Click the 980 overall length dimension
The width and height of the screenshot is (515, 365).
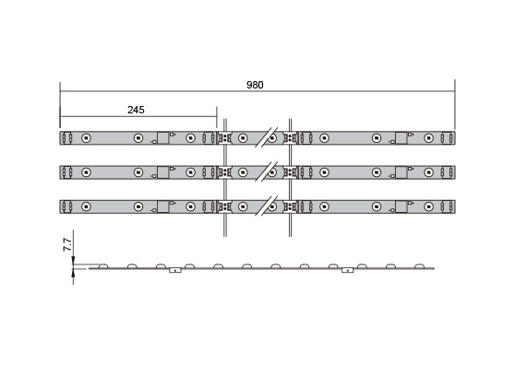255,85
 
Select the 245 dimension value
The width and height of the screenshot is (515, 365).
136,110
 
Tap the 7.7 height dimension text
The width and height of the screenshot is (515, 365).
67,245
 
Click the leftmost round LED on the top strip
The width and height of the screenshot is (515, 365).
86,138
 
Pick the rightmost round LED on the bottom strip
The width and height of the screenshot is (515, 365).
428,206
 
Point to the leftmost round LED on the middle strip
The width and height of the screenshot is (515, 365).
86,172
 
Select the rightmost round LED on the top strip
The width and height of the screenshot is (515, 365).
428,138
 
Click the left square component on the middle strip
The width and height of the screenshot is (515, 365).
163,172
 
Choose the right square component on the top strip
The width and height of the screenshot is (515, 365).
401,138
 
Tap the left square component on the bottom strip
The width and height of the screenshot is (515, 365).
163,207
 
